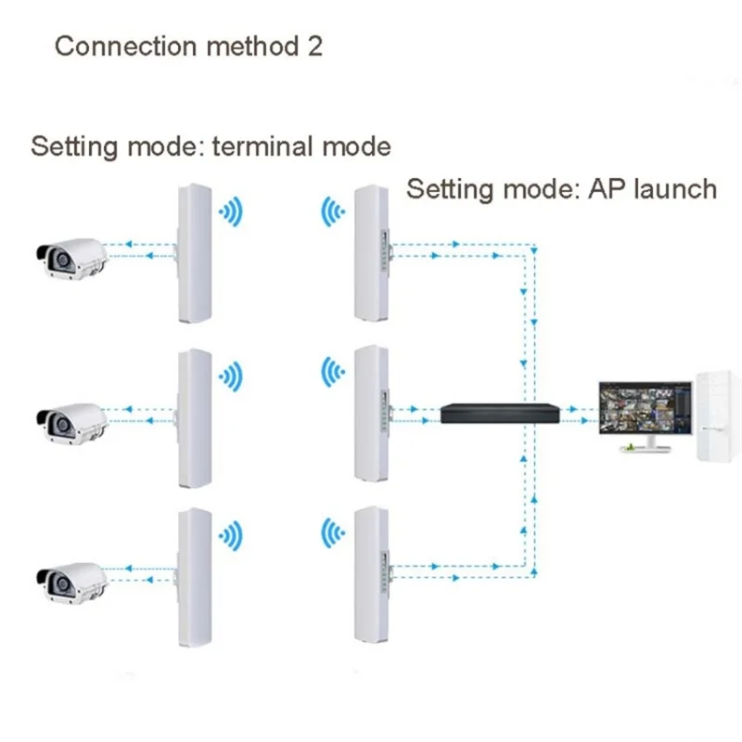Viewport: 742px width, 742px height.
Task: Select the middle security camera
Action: click(x=70, y=419)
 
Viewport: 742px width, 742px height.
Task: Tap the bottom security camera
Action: click(x=70, y=577)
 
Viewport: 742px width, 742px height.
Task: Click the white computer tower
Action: click(x=719, y=416)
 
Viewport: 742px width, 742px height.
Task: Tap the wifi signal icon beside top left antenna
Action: click(x=230, y=212)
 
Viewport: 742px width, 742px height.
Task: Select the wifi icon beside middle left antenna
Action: click(x=230, y=375)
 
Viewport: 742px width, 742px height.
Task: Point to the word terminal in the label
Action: click(x=270, y=147)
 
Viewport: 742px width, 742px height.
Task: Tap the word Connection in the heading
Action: click(x=120, y=46)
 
